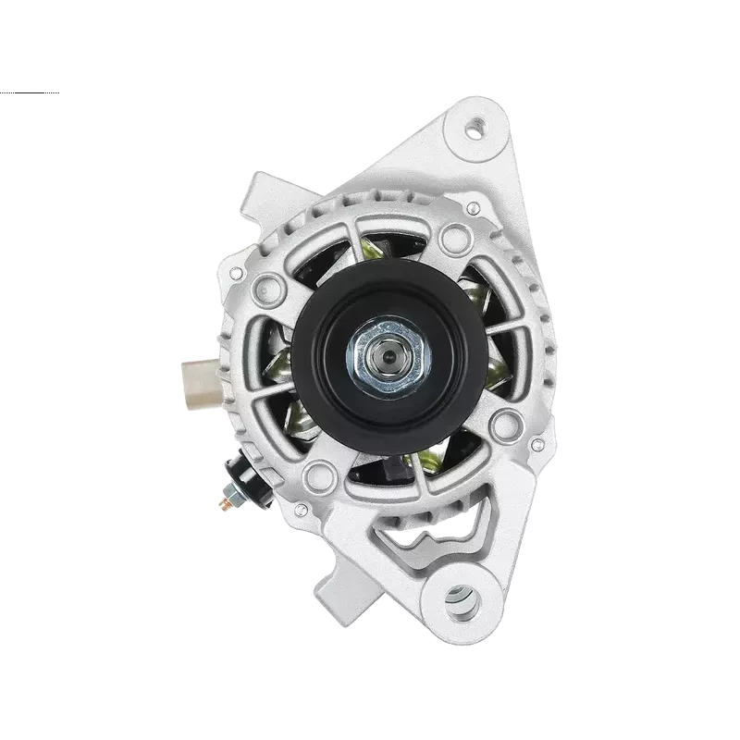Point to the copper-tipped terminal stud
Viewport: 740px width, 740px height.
click(221, 503)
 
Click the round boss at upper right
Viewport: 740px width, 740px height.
click(455, 239)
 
